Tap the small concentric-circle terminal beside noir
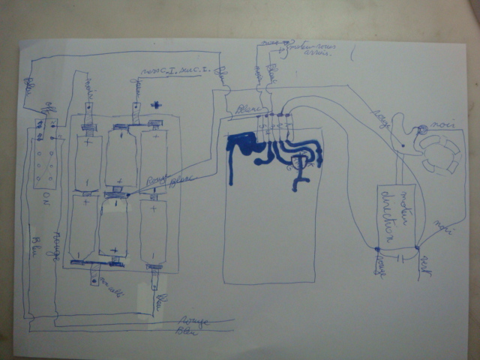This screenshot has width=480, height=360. pyautogui.click(x=421, y=130)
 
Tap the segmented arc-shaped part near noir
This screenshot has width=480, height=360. pyautogui.click(x=438, y=154)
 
